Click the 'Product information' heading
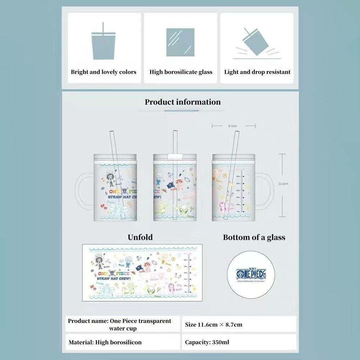182,102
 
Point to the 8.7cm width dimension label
233,126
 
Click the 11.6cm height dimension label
283,183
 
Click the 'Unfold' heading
140,237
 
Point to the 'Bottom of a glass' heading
254,237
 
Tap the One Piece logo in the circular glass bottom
251,274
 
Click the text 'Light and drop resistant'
257,72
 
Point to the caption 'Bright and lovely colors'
104,72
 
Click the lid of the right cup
233,157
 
